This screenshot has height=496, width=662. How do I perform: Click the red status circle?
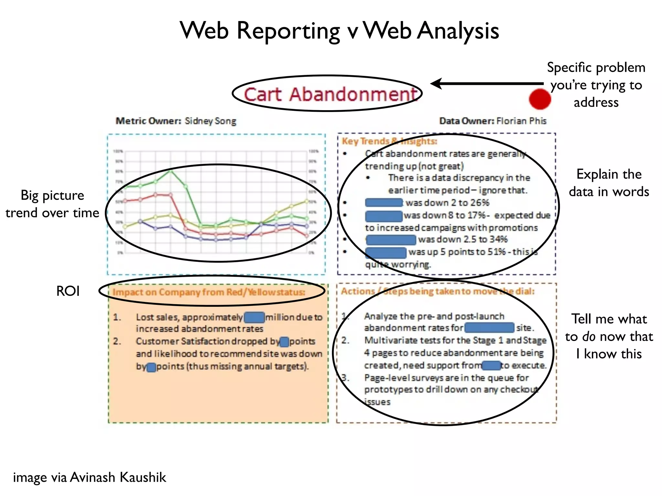(540, 99)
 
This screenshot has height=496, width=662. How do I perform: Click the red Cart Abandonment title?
(330, 94)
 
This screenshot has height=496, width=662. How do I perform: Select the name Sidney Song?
(210, 121)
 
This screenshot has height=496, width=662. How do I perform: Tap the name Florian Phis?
(521, 121)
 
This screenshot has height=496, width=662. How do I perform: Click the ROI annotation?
(68, 291)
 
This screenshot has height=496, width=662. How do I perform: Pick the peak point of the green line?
(171, 171)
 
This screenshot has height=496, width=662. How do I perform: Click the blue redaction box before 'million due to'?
(254, 317)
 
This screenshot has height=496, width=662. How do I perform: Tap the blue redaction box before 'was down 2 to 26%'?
(384, 203)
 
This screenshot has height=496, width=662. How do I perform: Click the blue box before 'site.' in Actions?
(489, 328)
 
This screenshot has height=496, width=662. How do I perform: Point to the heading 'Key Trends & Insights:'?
(389, 141)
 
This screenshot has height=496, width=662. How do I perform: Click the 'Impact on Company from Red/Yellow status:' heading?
(209, 292)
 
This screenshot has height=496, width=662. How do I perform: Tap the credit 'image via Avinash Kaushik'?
(90, 477)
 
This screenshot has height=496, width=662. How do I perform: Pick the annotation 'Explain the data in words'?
(609, 183)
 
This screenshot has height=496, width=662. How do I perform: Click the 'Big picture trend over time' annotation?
(52, 204)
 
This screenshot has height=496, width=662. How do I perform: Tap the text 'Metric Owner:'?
(149, 121)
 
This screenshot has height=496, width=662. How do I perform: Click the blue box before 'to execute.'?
(491, 366)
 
